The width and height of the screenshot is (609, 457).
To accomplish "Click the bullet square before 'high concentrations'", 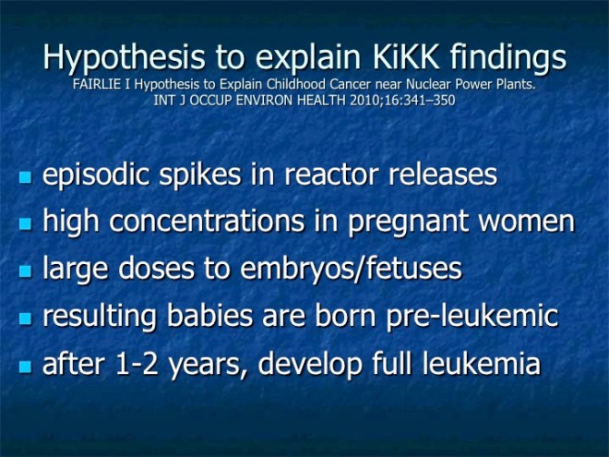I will (x=26, y=223).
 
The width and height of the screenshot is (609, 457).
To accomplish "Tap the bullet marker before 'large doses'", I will (x=26, y=271).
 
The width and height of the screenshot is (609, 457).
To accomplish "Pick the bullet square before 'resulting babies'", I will (x=26, y=318).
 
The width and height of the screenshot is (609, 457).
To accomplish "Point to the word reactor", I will (x=342, y=175).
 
